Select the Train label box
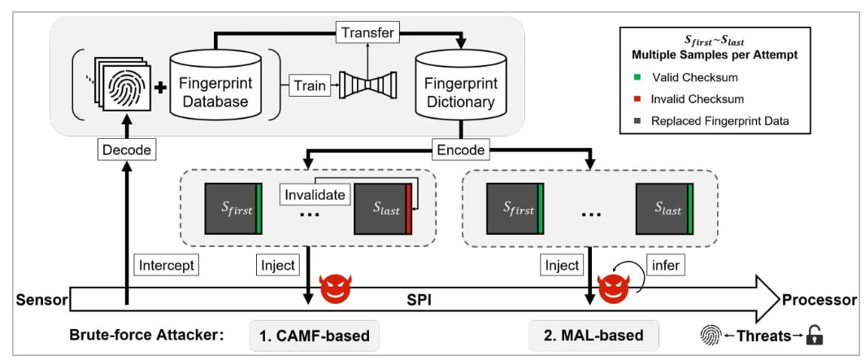[310, 85]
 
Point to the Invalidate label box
[314, 195]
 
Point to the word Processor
[819, 299]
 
